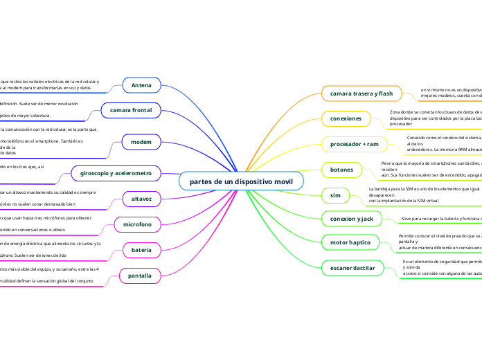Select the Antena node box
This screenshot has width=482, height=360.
[x=141, y=85]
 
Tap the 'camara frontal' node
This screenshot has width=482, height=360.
[x=131, y=109]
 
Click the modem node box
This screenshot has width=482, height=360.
[x=141, y=142]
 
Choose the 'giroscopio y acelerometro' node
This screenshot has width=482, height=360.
[x=115, y=172]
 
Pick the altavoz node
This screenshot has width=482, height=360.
[x=141, y=199]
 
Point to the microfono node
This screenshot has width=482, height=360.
[x=137, y=224]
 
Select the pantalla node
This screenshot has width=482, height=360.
[x=140, y=276]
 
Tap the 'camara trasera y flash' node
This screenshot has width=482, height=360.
[x=361, y=93]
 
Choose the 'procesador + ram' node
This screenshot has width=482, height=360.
[x=353, y=144]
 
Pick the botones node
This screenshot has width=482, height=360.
[x=342, y=170]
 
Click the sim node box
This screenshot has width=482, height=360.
[x=335, y=195]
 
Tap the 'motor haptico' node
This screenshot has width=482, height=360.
[x=350, y=243]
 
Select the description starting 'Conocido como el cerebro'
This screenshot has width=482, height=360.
[x=444, y=143]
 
